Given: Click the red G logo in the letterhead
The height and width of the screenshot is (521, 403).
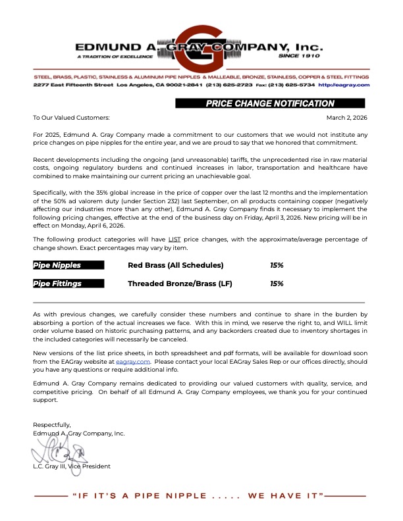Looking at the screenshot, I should [201, 47].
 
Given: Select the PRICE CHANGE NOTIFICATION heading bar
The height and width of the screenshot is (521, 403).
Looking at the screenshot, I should [270, 103].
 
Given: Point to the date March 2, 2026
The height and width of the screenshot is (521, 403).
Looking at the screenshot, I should [346, 117].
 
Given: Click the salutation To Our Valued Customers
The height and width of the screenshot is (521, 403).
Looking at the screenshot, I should [71, 117].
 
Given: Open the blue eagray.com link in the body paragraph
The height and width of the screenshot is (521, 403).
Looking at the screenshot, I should [134, 361].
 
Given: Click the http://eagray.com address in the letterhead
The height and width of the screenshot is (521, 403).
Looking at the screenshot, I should [344, 85].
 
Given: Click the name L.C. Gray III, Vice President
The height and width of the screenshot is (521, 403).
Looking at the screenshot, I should [72, 466].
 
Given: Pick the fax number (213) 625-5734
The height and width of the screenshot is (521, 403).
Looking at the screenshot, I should [294, 85].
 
